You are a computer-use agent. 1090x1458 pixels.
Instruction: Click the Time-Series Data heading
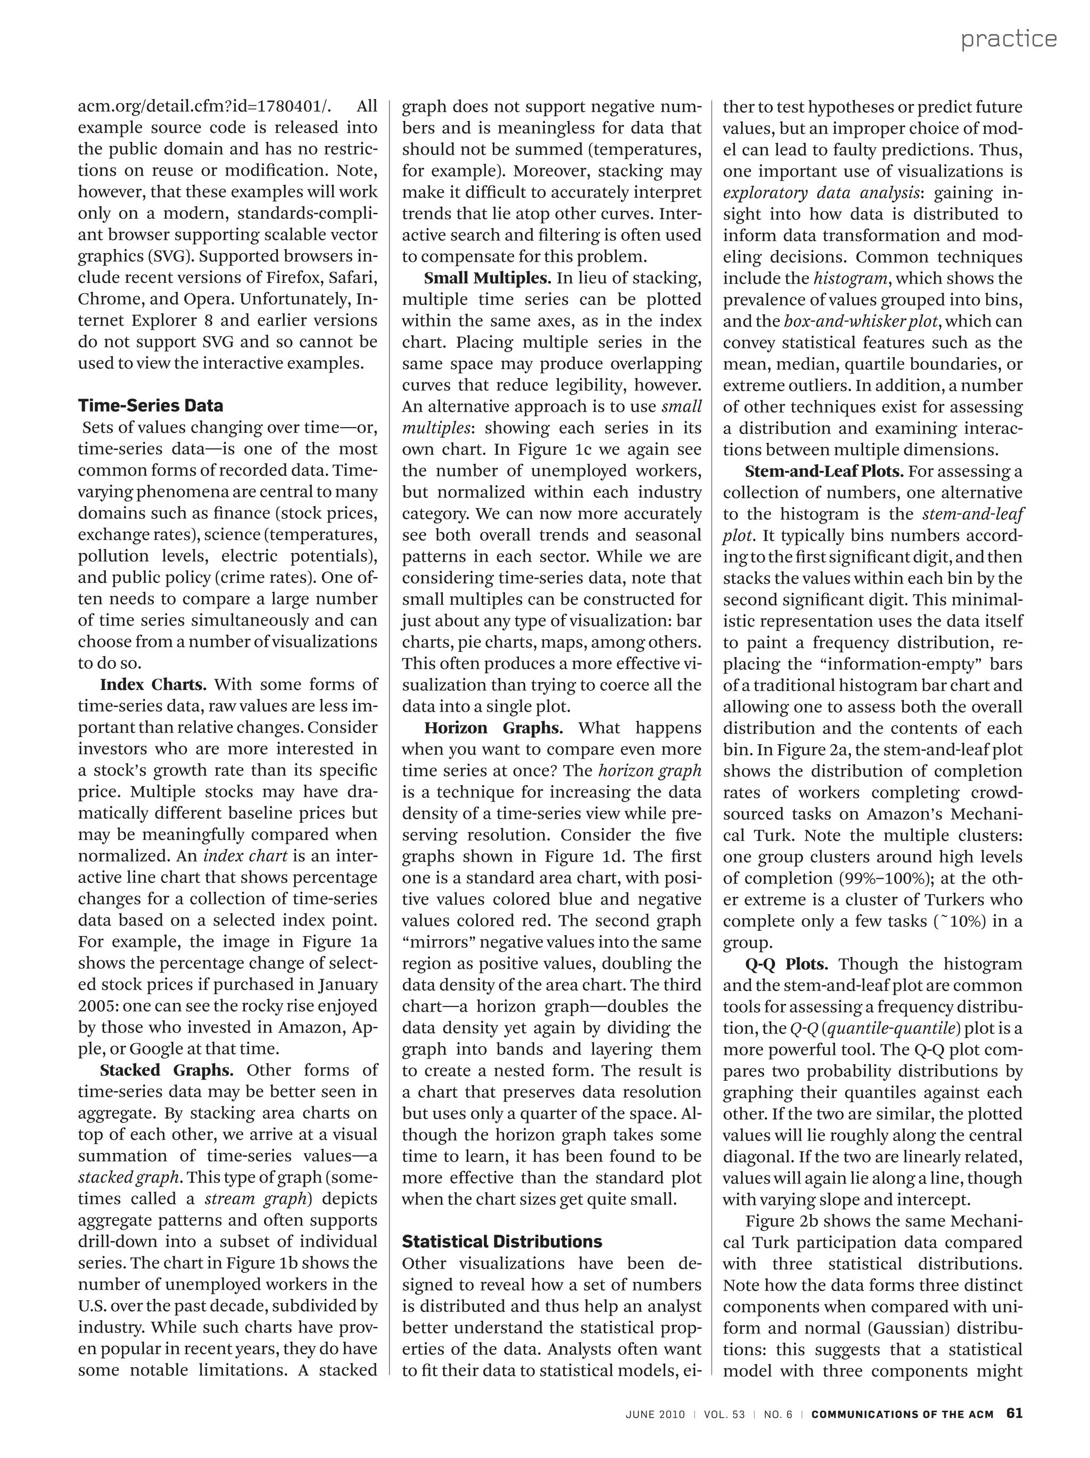tap(150, 405)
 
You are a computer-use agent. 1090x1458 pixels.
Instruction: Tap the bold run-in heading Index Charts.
tap(153, 684)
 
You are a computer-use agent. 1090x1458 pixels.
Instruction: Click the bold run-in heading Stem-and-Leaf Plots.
tap(825, 471)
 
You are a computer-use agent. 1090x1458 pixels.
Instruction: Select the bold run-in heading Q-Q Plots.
tap(786, 964)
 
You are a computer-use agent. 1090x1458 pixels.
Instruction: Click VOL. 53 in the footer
tap(724, 1414)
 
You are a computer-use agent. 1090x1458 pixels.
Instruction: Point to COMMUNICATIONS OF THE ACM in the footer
tap(902, 1414)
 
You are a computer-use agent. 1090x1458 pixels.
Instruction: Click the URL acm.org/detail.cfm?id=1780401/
tap(205, 106)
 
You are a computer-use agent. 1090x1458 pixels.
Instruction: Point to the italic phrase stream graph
tap(255, 1198)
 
